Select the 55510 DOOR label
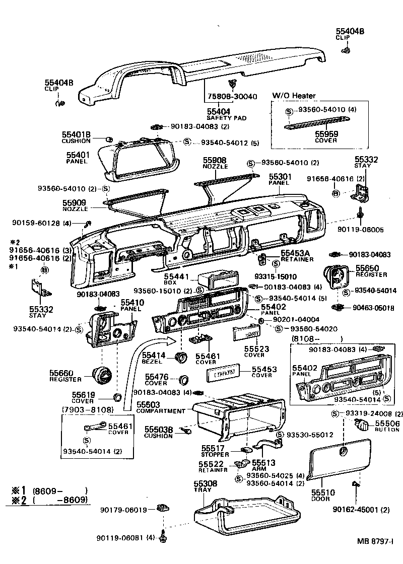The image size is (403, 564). tap(320, 495)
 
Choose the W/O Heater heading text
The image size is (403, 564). tap(294, 96)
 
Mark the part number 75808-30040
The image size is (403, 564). tap(232, 97)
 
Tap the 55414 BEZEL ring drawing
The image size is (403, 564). tap(180, 358)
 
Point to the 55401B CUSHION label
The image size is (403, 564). tap(76, 137)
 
